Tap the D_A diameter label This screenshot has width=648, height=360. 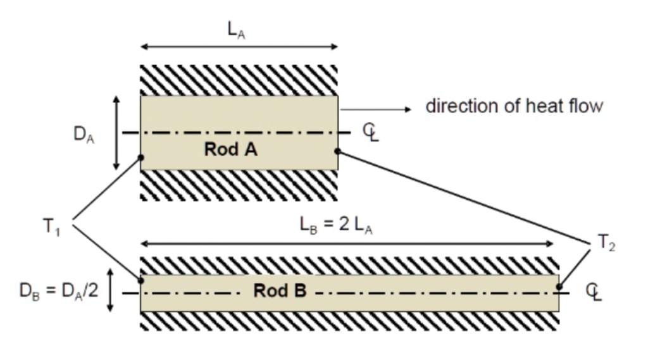pos(84,135)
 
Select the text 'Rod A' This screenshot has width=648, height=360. pos(231,150)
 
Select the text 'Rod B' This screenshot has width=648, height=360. pos(280,291)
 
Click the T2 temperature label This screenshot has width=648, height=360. pos(606,242)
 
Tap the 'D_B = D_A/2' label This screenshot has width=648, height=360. pos(59,292)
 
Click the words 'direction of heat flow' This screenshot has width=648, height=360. pos(514,106)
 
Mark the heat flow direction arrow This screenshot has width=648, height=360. pos(376,109)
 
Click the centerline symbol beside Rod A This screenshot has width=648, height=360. pos(371,132)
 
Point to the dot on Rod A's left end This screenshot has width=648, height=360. pos(140,157)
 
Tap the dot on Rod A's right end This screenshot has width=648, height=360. pos(338,151)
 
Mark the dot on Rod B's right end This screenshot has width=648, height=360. pos(559,287)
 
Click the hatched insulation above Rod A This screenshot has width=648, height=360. pos(239,80)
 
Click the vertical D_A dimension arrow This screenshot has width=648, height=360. pos(116,133)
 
